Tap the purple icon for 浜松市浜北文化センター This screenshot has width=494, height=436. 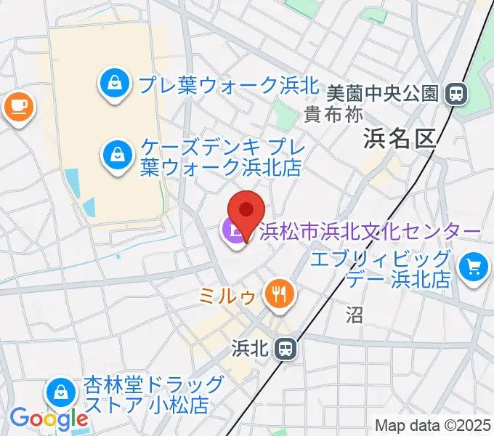(x=235, y=233)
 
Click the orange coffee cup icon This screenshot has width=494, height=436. (x=18, y=108)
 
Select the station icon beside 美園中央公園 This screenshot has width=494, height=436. (x=457, y=93)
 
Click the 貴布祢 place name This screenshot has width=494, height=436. (x=333, y=114)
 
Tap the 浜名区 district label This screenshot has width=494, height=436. (x=400, y=138)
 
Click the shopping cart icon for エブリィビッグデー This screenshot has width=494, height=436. (x=474, y=268)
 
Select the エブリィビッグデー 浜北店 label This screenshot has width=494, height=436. (x=381, y=269)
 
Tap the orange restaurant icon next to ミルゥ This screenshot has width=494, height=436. (x=278, y=294)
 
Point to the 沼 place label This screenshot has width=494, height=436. (x=354, y=314)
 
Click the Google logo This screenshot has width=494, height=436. (x=49, y=418)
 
